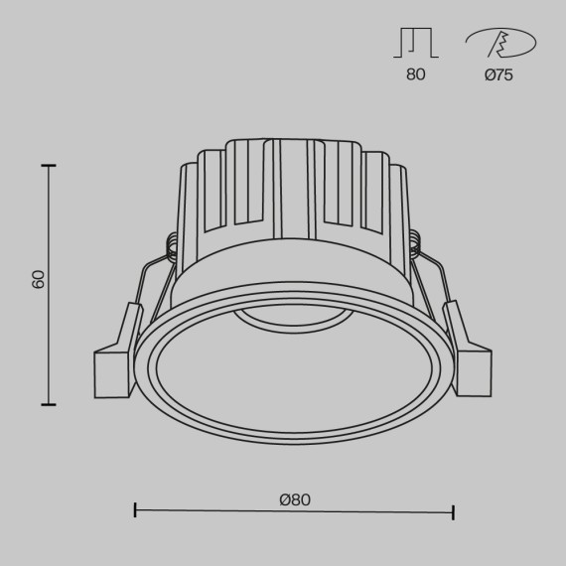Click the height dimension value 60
(39, 278)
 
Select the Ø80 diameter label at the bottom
(295, 499)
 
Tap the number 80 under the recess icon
(415, 75)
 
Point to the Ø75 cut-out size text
(499, 75)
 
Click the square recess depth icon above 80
(418, 43)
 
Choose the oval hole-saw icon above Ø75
(499, 43)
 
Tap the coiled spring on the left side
(173, 246)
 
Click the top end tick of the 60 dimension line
(49, 166)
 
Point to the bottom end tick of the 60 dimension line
(49, 404)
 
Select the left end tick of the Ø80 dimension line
(135, 511)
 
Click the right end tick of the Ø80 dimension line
(453, 511)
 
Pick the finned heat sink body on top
(293, 194)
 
